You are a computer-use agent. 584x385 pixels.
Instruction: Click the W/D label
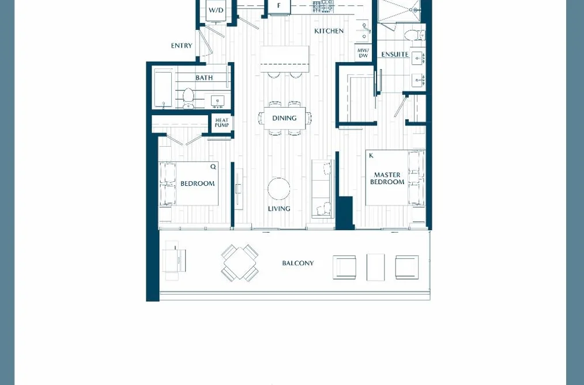pyautogui.click(x=216, y=10)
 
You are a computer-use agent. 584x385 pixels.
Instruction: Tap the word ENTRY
pyautogui.click(x=182, y=45)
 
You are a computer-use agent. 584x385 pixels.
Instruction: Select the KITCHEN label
pyautogui.click(x=329, y=31)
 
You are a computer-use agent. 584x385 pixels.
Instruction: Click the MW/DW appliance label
pyautogui.click(x=363, y=53)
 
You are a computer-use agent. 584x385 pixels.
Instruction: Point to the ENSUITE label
pyautogui.click(x=395, y=54)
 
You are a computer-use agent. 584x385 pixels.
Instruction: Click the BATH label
pyautogui.click(x=204, y=77)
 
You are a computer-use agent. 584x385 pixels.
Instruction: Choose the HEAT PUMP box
pyautogui.click(x=221, y=123)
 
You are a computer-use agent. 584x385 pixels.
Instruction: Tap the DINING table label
pyautogui.click(x=284, y=118)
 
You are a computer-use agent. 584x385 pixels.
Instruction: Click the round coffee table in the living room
pyautogui.click(x=279, y=189)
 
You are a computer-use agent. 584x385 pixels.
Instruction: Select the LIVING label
pyautogui.click(x=279, y=209)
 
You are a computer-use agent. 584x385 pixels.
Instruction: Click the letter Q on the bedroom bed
pyautogui.click(x=213, y=166)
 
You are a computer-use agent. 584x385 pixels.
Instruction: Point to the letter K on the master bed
pyautogui.click(x=371, y=155)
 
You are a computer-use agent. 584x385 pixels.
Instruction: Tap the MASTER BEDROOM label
pyautogui.click(x=387, y=178)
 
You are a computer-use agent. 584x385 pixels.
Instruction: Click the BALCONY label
pyautogui.click(x=298, y=263)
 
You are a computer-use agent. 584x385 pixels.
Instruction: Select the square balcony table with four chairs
pyautogui.click(x=240, y=263)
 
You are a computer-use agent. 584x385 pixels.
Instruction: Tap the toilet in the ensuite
pyautogui.click(x=415, y=35)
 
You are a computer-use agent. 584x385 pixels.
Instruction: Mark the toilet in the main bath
pyautogui.click(x=188, y=98)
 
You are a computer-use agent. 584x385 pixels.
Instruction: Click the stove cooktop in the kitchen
pyautogui.click(x=323, y=6)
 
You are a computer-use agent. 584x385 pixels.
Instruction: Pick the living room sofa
pyautogui.click(x=322, y=188)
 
